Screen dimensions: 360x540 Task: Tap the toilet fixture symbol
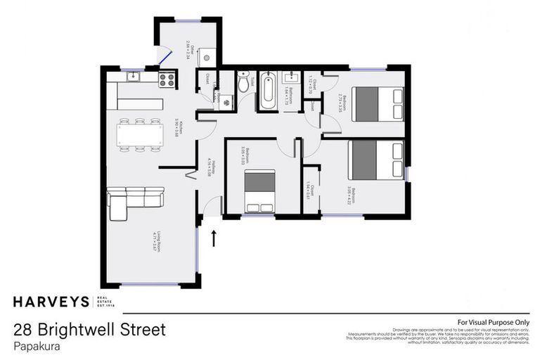243,84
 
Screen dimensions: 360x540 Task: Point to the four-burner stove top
167,80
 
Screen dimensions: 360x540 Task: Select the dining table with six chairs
140,134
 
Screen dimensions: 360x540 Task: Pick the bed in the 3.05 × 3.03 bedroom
260,191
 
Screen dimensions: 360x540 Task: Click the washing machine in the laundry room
226,103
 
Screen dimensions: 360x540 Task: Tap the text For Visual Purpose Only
493,322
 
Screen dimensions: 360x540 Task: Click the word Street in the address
141,330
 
